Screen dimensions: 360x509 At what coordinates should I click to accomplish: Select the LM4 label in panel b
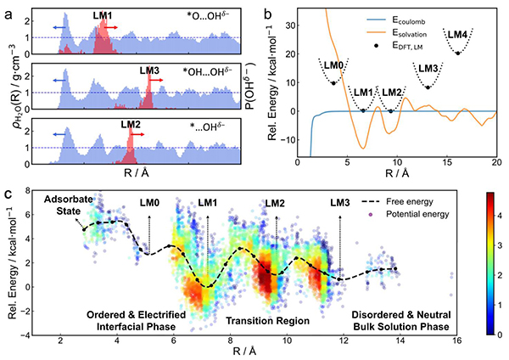pos(457,34)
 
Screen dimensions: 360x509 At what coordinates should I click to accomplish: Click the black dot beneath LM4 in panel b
pos(458,53)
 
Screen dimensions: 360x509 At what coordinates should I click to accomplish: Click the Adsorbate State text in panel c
pos(64,201)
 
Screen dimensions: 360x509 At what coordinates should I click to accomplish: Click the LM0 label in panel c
pos(149,204)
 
